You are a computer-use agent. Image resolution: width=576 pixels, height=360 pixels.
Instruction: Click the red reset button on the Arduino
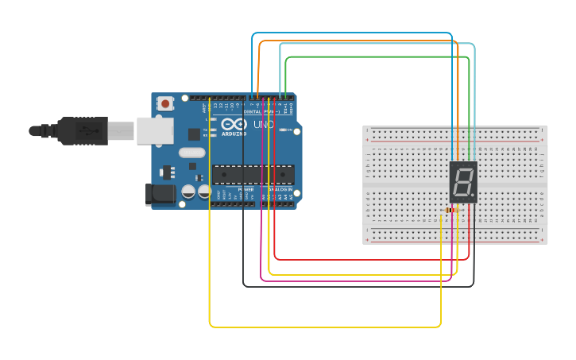click(x=165, y=103)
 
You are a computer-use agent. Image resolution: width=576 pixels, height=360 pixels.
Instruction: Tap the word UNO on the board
click(x=264, y=125)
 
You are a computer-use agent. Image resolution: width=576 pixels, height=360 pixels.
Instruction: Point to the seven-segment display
click(x=463, y=182)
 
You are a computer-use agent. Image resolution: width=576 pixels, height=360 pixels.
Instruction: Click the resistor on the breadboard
click(x=451, y=211)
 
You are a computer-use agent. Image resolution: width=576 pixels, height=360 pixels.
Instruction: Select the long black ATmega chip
click(x=253, y=174)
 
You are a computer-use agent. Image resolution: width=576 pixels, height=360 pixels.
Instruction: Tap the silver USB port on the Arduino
click(x=154, y=130)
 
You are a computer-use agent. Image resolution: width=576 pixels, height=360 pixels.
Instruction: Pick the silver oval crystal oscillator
click(x=191, y=152)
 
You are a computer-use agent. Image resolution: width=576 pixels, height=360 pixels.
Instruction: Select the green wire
click(x=373, y=57)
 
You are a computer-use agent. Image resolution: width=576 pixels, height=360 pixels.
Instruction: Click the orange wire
click(x=358, y=41)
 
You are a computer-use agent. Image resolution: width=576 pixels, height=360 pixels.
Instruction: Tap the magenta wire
click(x=358, y=281)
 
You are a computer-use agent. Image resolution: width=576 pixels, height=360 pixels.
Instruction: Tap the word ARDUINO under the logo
click(x=235, y=134)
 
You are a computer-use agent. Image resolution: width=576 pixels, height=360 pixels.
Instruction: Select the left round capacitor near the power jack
click(x=188, y=192)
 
